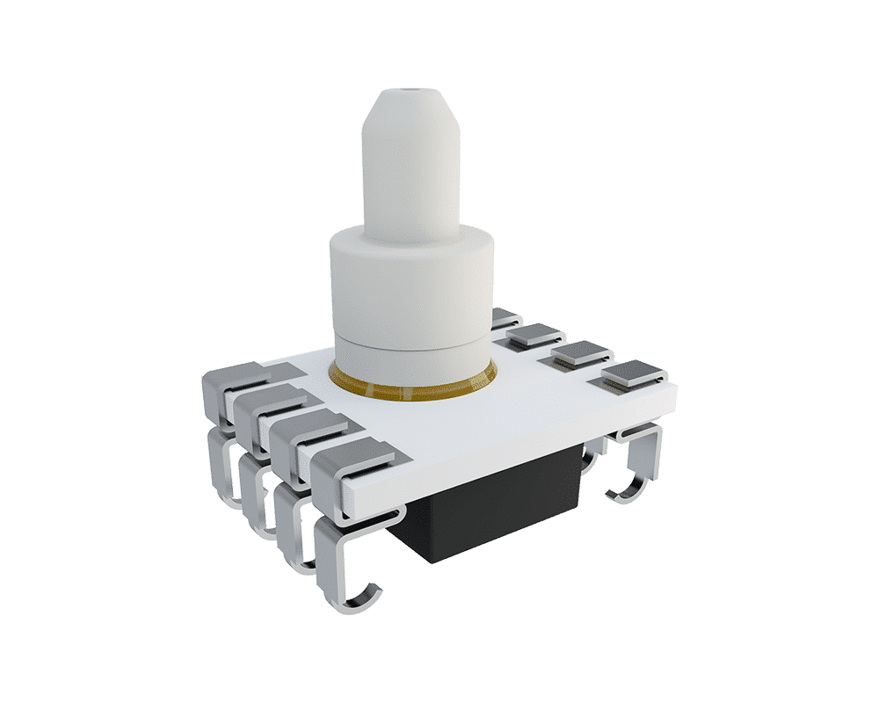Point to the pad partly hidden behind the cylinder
tap(502, 316)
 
